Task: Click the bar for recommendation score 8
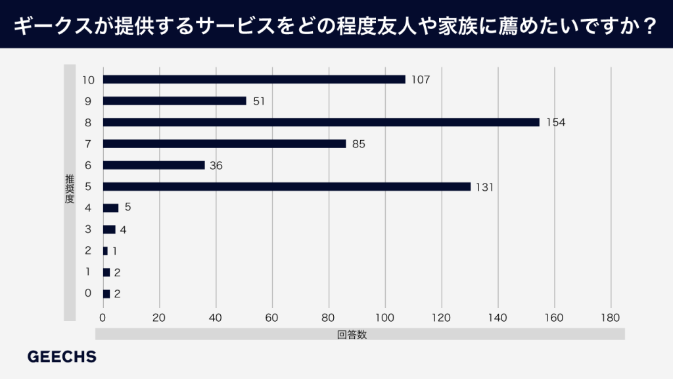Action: (x=321, y=122)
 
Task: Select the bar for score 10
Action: (x=254, y=80)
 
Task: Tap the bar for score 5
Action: (x=287, y=187)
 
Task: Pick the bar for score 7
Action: (x=224, y=143)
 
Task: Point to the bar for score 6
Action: (x=154, y=165)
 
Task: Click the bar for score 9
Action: (x=174, y=101)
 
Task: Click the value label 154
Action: (x=556, y=122)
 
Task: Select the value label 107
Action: (x=420, y=80)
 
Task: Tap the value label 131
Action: (x=484, y=187)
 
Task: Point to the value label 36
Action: (x=216, y=165)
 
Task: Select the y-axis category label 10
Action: (x=89, y=80)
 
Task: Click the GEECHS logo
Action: (x=62, y=357)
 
